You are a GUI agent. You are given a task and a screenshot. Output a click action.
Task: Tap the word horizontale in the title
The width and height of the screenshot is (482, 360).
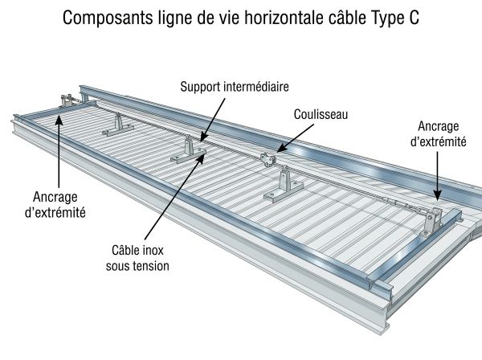(284, 18)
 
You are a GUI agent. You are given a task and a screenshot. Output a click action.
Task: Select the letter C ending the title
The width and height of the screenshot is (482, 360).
(414, 18)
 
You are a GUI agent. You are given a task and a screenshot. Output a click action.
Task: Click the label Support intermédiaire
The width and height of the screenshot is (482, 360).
(235, 87)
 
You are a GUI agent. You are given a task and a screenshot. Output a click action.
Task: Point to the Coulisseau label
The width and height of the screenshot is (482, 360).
(321, 114)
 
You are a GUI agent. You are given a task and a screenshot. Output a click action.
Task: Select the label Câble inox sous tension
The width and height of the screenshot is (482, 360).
(137, 258)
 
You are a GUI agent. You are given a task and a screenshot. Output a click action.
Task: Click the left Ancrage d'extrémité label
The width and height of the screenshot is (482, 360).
(55, 204)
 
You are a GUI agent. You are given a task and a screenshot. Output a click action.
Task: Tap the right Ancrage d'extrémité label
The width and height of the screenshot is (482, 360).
(439, 133)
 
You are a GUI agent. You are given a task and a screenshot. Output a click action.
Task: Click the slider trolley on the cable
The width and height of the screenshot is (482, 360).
(268, 159)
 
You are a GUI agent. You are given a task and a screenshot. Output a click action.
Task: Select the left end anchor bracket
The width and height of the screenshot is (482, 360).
(67, 100)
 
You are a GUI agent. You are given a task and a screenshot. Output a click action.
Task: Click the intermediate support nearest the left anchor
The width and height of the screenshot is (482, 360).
(118, 125)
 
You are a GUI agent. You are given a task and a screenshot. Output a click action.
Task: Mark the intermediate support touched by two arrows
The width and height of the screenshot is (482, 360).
(189, 150)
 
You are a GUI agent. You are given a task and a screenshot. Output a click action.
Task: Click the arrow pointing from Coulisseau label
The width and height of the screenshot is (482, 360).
(295, 137)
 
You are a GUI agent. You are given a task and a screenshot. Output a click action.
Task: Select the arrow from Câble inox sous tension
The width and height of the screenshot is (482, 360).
(174, 197)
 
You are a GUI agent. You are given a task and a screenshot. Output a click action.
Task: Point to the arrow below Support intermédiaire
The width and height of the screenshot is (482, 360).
(213, 120)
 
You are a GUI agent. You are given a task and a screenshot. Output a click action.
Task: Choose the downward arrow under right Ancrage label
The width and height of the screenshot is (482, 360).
(438, 177)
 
